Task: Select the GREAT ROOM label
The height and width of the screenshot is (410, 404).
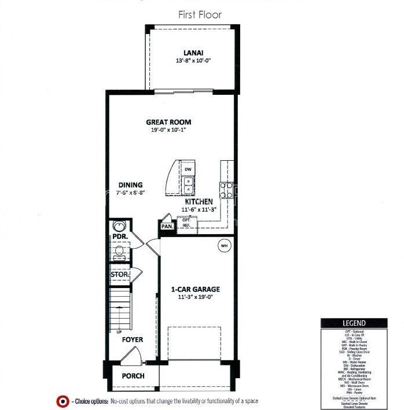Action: tap(168, 122)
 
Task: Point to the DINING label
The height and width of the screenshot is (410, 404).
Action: tap(131, 185)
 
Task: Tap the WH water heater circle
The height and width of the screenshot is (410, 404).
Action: tap(224, 246)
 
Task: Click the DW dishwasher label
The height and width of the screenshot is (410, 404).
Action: tap(188, 169)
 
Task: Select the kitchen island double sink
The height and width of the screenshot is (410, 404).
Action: tap(188, 185)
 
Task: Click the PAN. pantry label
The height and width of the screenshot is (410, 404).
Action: tap(167, 227)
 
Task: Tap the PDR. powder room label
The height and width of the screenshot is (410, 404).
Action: tap(120, 237)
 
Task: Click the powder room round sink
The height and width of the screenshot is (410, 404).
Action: tap(118, 226)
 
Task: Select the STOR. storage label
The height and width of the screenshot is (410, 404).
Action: tap(120, 275)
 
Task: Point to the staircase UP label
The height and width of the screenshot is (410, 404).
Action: tap(119, 332)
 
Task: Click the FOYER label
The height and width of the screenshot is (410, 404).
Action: tap(132, 340)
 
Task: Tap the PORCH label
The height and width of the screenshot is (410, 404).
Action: tap(133, 376)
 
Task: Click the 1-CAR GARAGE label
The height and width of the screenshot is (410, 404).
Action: tap(195, 289)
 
